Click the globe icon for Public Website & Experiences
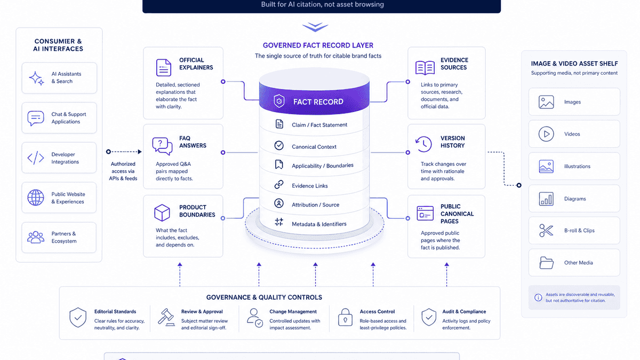(36, 197)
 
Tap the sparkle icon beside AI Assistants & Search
(36, 78)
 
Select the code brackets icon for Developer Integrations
(36, 158)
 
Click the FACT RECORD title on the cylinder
(318, 102)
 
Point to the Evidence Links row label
(310, 186)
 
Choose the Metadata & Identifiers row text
(319, 224)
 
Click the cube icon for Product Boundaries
(162, 213)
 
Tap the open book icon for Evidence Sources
(425, 68)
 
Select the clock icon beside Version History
(423, 144)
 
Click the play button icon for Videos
(546, 134)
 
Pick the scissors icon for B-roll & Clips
(546, 230)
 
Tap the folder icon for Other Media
(546, 262)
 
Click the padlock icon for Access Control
(345, 317)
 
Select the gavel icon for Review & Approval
(166, 317)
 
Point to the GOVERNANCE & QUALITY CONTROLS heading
(264, 298)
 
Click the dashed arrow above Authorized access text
(124, 151)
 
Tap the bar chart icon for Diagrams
(546, 199)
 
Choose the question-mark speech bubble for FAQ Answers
(162, 146)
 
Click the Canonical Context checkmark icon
(279, 146)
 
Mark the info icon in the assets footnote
(538, 298)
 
